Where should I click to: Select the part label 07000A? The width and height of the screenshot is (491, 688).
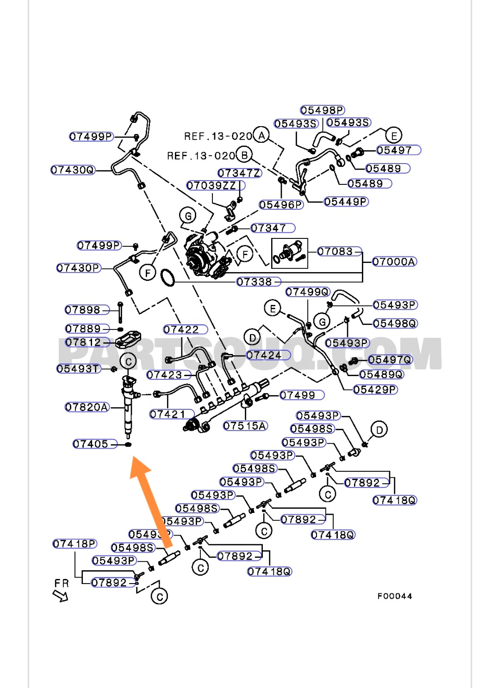[394, 262]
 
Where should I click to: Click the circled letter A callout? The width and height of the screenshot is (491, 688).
[262, 135]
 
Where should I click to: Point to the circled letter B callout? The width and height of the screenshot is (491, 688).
[244, 155]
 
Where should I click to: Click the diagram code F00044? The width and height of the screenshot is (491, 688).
[394, 596]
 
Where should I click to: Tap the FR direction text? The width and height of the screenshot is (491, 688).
[61, 583]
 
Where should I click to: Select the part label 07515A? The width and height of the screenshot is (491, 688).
[245, 426]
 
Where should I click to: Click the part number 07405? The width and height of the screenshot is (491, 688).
[91, 444]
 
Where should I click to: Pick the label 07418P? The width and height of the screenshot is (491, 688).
[75, 544]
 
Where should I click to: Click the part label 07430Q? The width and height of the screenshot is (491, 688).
[73, 170]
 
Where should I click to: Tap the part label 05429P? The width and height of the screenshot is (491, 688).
[375, 390]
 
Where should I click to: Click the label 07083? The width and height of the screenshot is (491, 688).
[336, 251]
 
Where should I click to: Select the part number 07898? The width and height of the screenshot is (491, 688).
[83, 310]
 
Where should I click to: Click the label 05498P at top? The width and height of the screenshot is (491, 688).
[323, 110]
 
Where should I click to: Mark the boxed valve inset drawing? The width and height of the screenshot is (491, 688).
[289, 253]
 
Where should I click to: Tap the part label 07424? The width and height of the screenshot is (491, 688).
[264, 355]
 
